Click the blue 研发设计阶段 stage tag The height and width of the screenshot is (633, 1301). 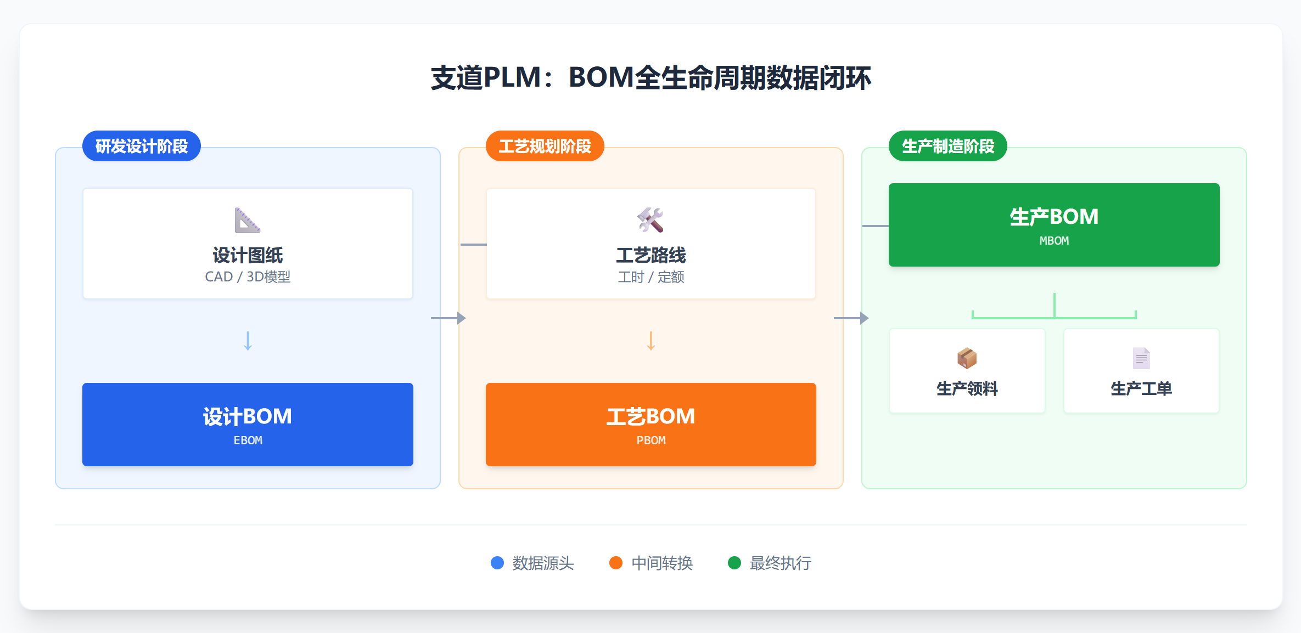point(142,146)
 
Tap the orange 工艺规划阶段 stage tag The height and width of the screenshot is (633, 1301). point(545,146)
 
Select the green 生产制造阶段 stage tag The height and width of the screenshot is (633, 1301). point(947,146)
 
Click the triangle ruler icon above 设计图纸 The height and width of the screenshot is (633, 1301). point(248,220)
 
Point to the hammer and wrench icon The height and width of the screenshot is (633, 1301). point(650,220)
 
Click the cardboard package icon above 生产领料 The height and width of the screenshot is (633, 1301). point(967,358)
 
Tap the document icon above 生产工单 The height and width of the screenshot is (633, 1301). point(1141,358)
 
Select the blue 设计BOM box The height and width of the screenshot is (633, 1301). point(248,424)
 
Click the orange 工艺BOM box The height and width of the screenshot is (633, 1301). point(650,424)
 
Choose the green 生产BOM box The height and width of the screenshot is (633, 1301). point(1054,225)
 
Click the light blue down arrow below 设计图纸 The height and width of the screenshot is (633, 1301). point(248,341)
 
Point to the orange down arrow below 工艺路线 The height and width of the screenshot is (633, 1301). point(651,341)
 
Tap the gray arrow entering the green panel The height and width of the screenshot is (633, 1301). point(851,318)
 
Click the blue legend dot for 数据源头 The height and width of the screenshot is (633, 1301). point(497,563)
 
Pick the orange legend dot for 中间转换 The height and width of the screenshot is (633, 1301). point(616,563)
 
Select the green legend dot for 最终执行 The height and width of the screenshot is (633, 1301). point(734,563)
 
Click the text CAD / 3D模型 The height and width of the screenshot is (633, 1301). point(248,277)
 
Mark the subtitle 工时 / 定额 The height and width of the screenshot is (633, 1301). point(651,277)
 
